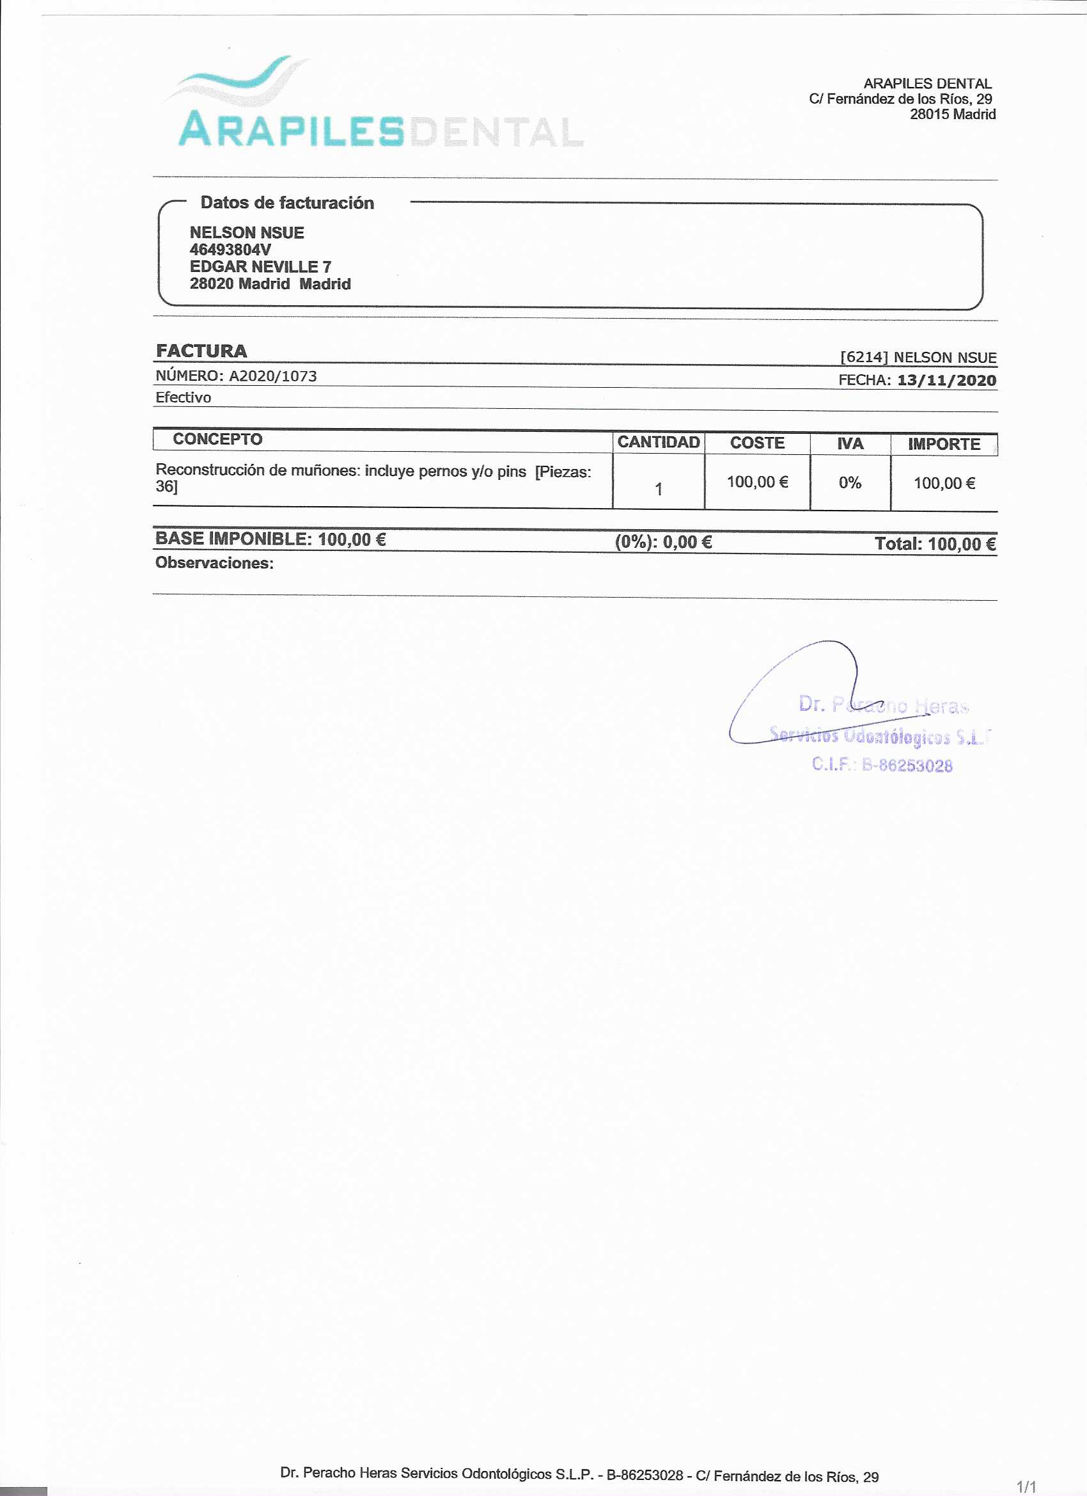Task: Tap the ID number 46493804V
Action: pyautogui.click(x=230, y=250)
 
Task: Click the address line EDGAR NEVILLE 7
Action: pyautogui.click(x=260, y=266)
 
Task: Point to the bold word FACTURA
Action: pyautogui.click(x=201, y=351)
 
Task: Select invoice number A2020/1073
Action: pyautogui.click(x=272, y=376)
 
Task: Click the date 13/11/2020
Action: pyautogui.click(x=946, y=380)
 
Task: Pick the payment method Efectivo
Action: pyautogui.click(x=184, y=397)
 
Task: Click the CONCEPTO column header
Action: pyautogui.click(x=217, y=440)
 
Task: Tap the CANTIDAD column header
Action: pyautogui.click(x=658, y=442)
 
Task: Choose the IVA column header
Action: pyautogui.click(x=850, y=443)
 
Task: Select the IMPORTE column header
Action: pyautogui.click(x=943, y=444)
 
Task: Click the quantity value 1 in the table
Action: pyautogui.click(x=658, y=489)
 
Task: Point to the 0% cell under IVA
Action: pyautogui.click(x=850, y=483)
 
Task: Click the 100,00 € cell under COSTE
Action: pyautogui.click(x=757, y=482)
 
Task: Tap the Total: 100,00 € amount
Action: pyautogui.click(x=934, y=543)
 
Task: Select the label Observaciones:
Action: pyautogui.click(x=214, y=562)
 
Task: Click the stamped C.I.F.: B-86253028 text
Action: pyautogui.click(x=882, y=765)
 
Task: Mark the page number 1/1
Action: pyautogui.click(x=1026, y=1487)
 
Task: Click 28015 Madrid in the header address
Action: pyautogui.click(x=952, y=114)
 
